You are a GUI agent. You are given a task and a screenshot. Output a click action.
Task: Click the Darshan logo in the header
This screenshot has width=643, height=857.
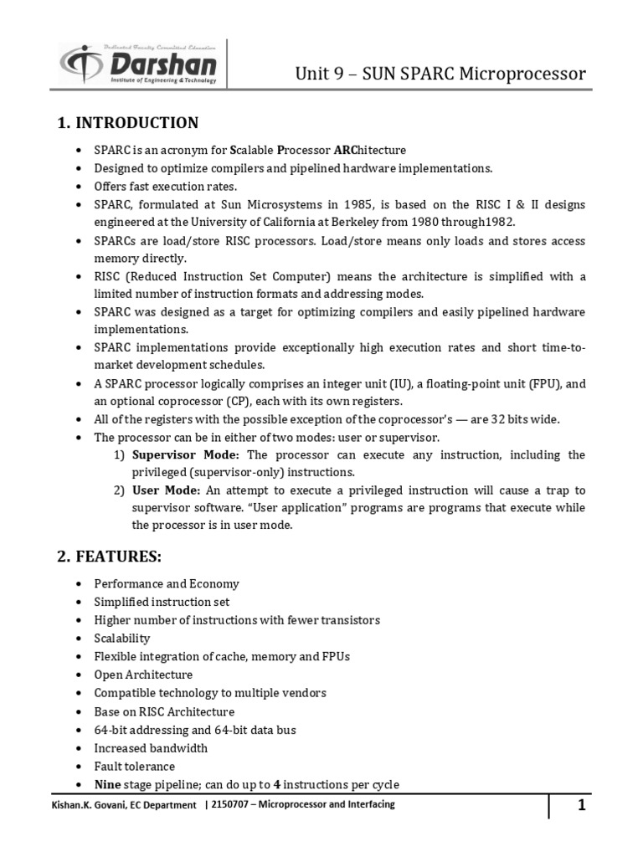[x=137, y=64]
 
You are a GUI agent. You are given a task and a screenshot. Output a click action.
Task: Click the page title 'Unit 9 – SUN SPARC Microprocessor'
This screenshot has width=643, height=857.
[x=440, y=74]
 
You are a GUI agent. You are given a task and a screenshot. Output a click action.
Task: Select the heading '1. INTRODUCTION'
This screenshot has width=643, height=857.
[x=127, y=124]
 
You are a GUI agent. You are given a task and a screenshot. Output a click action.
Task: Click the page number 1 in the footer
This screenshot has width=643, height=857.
[x=580, y=806]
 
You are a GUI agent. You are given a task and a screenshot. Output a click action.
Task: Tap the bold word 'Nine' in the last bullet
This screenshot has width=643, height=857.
[x=108, y=785]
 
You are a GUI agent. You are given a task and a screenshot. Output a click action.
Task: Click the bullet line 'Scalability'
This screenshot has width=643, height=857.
[x=122, y=638]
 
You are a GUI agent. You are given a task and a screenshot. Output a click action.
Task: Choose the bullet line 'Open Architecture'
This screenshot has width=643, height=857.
[x=143, y=675]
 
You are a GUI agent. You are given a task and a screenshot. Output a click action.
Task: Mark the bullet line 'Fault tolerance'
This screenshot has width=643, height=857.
[x=135, y=767]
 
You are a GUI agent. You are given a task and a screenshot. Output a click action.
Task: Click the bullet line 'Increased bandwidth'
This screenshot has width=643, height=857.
[x=151, y=748]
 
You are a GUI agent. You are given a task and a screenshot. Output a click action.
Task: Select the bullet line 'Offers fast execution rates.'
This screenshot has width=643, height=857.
[x=166, y=187]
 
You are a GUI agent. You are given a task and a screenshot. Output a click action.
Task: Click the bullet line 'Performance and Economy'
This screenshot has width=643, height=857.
[x=167, y=583]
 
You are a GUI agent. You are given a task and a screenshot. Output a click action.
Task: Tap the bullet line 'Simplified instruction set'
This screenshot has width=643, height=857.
[x=162, y=602]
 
